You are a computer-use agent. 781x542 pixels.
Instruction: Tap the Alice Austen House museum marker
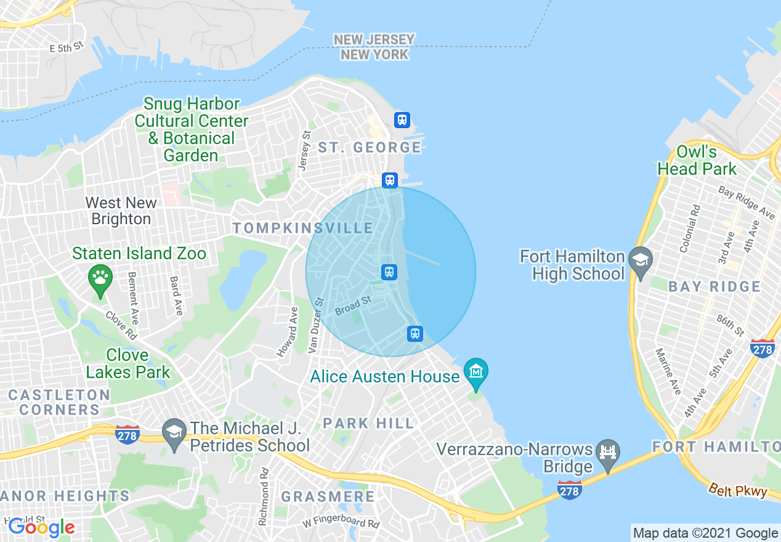point(476,371)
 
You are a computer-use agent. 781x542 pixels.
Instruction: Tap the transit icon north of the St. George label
point(402,119)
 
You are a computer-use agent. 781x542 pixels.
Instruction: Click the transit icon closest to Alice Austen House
point(415,334)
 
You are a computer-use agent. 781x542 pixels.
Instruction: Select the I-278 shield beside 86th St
point(763,349)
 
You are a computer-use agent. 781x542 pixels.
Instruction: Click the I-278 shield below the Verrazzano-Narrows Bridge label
point(570,490)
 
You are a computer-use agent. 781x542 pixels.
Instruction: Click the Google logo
point(41,527)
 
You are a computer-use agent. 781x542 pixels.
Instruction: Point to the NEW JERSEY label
point(374,40)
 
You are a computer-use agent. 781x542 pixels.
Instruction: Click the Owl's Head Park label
point(697,160)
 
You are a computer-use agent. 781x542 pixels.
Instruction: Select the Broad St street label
point(354,306)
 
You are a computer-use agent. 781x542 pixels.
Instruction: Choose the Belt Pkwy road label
point(737,490)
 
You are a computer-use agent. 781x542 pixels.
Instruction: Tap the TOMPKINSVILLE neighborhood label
point(303,229)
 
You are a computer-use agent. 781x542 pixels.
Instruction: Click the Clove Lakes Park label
point(128,363)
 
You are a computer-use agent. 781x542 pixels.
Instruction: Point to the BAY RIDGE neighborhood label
point(714,286)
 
